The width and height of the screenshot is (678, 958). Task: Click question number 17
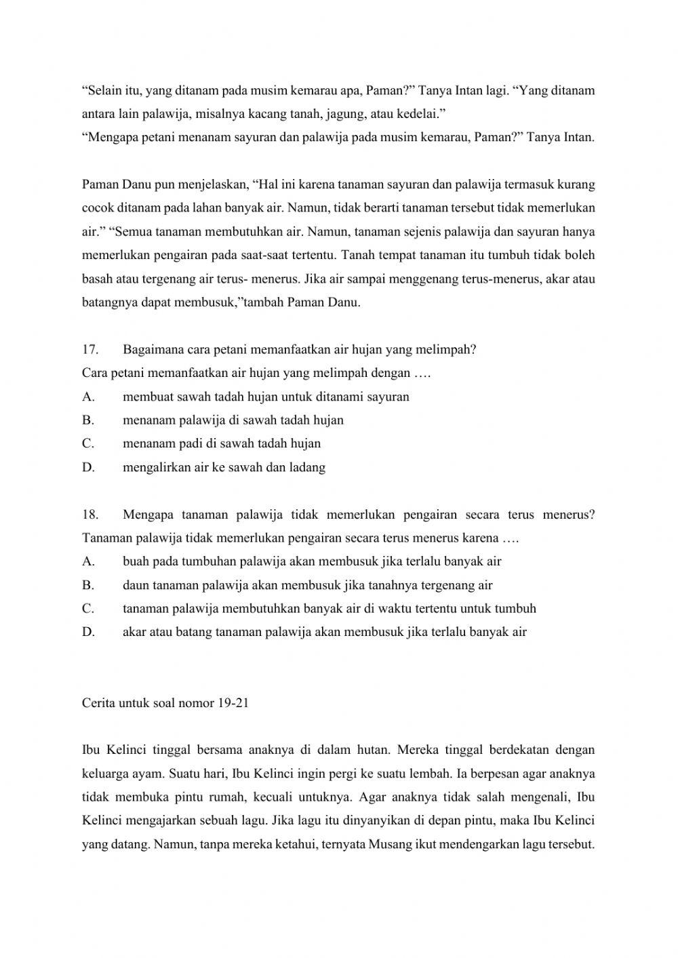point(89,350)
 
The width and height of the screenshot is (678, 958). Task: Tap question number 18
point(89,515)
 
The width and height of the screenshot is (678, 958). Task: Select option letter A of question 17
point(87,397)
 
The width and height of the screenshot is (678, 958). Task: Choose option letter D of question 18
point(87,632)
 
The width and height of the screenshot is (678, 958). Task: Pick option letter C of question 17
point(87,443)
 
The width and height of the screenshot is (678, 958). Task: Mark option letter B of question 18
point(87,585)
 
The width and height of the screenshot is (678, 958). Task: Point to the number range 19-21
point(234,703)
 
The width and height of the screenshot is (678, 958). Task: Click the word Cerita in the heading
point(99,703)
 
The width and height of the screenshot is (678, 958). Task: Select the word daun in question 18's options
point(134,585)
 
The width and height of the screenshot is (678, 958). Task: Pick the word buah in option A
point(135,561)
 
